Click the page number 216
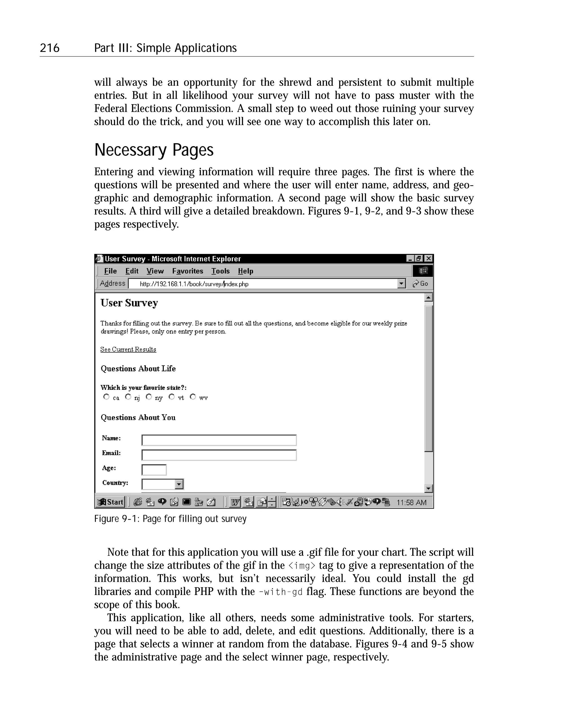click(49, 48)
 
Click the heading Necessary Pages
click(154, 150)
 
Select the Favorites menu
click(187, 271)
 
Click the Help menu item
click(245, 271)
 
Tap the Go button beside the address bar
click(420, 284)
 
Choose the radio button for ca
click(106, 397)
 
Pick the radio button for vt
click(172, 397)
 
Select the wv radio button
click(193, 397)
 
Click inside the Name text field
click(219, 440)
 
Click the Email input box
click(219, 455)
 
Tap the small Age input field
click(154, 470)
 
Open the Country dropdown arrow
click(179, 484)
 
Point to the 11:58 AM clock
click(411, 502)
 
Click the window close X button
click(429, 258)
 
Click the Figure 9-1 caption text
click(170, 519)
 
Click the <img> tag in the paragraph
click(302, 565)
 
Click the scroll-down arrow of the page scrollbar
click(429, 488)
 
